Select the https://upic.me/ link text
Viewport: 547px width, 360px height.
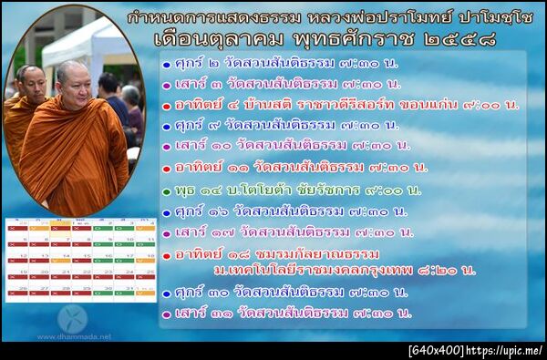pos(507,350)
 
